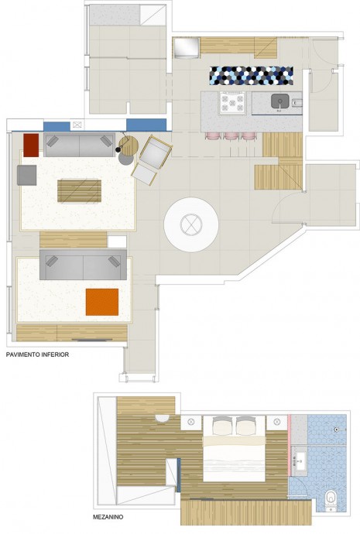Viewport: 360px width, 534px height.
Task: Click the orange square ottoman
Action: pyautogui.click(x=102, y=302)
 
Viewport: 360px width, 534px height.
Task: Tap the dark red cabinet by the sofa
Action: pyautogui.click(x=31, y=145)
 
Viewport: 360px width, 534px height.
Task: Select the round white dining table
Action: pyautogui.click(x=191, y=224)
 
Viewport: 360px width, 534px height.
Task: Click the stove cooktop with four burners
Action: pyautogui.click(x=232, y=103)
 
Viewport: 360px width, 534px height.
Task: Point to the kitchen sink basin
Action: pyautogui.click(x=280, y=101)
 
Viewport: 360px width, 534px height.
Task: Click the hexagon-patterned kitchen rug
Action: pyautogui.click(x=252, y=76)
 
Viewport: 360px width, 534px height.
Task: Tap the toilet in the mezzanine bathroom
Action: pyautogui.click(x=331, y=499)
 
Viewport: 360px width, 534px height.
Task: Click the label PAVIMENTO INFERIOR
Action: pyautogui.click(x=37, y=354)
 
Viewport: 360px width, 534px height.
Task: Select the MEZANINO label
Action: pyautogui.click(x=108, y=517)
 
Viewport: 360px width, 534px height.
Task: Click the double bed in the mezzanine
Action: pyautogui.click(x=235, y=449)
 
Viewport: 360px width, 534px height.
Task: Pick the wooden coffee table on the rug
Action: pyautogui.click(x=80, y=191)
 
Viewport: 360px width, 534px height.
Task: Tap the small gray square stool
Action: pyautogui.click(x=27, y=175)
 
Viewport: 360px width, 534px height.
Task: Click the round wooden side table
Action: pyautogui.click(x=129, y=145)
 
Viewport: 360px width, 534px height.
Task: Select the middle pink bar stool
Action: pyautogui.click(x=231, y=136)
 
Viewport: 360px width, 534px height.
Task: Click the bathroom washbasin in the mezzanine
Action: pyautogui.click(x=300, y=460)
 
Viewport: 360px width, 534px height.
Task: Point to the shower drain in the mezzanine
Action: pyautogui.click(x=336, y=430)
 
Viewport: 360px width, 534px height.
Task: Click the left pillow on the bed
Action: pyautogui.click(x=222, y=426)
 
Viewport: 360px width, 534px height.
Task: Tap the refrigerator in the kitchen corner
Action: pyautogui.click(x=187, y=48)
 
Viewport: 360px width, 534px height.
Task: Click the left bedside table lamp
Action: pyautogui.click(x=191, y=422)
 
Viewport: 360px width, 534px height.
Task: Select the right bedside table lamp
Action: pyautogui.click(x=276, y=422)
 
